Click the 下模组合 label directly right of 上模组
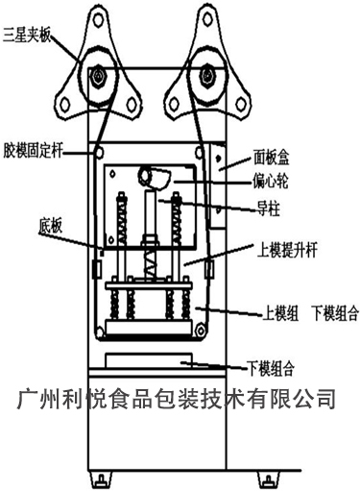(331, 312)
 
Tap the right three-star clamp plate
(204, 68)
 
